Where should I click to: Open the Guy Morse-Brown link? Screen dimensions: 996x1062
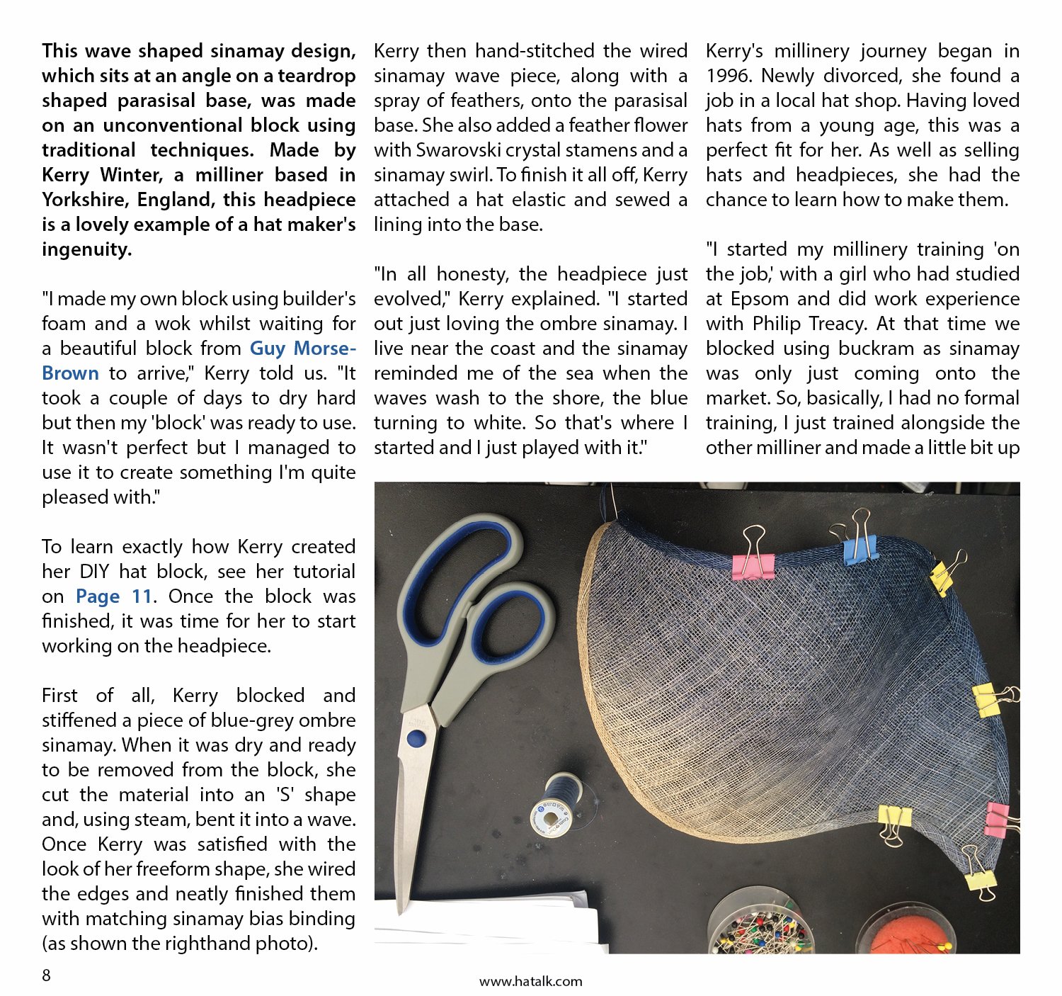tap(198, 361)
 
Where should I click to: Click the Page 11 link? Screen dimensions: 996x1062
tap(114, 596)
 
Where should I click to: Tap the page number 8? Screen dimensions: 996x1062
tap(47, 975)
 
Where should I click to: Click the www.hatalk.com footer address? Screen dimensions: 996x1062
tap(530, 981)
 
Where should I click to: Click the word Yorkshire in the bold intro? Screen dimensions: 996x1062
tap(84, 200)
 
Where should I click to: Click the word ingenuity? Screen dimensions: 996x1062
tap(86, 249)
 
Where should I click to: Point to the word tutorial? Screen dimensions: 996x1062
tap(324, 572)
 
